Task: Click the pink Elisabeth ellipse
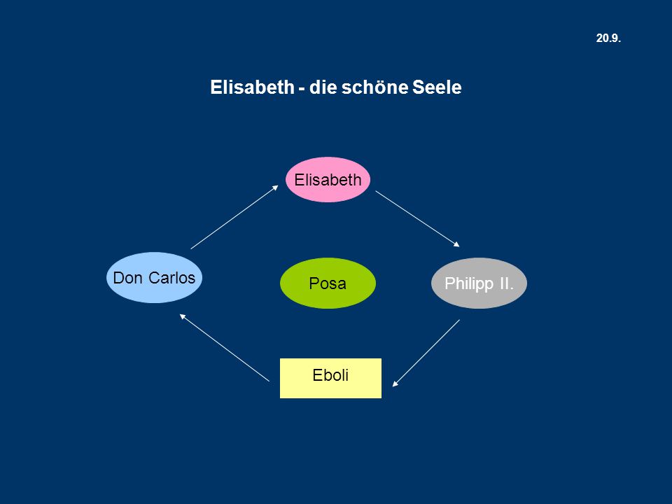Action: (x=328, y=180)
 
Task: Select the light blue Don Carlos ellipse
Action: (x=154, y=278)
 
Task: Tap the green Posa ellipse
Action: (x=328, y=283)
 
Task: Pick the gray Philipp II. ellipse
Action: (x=479, y=283)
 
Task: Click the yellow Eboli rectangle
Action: (x=330, y=379)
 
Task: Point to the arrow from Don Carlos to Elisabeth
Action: (x=234, y=217)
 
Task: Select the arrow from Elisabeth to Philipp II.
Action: (x=417, y=219)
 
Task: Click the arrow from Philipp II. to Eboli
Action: (x=426, y=353)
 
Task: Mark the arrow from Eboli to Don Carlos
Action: (x=225, y=348)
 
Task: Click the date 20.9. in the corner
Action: (x=608, y=38)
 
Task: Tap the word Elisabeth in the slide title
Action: (x=252, y=87)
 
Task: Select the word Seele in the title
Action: (x=437, y=87)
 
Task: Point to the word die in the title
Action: (x=323, y=87)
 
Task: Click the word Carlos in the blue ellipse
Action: (x=172, y=278)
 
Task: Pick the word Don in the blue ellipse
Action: (x=127, y=278)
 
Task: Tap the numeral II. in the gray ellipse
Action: (x=506, y=283)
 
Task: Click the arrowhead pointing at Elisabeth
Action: (x=276, y=188)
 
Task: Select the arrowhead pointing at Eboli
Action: (x=395, y=384)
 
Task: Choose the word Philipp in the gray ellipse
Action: (x=468, y=284)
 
